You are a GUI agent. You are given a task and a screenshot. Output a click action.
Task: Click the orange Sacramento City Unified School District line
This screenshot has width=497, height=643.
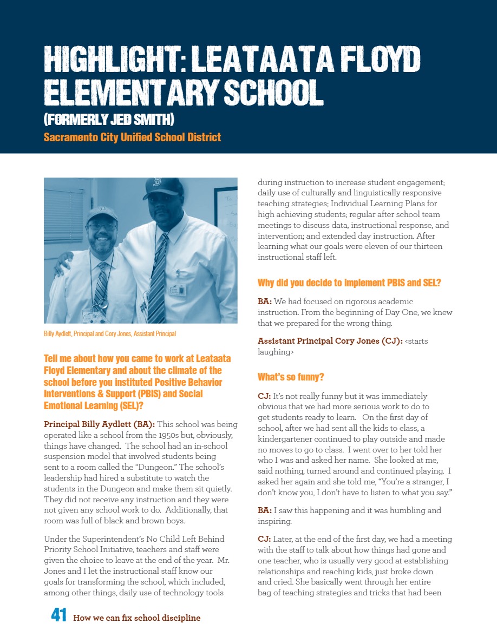(132, 137)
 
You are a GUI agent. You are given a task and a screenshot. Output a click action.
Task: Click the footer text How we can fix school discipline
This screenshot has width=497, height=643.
(136, 618)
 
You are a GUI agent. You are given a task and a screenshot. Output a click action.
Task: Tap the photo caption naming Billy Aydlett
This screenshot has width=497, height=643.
(109, 334)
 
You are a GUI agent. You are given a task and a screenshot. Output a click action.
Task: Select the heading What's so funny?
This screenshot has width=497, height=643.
(291, 377)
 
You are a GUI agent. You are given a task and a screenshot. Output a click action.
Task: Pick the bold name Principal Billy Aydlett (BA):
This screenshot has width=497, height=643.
(99, 424)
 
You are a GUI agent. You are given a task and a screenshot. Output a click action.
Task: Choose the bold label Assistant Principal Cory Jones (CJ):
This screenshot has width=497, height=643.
(330, 341)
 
